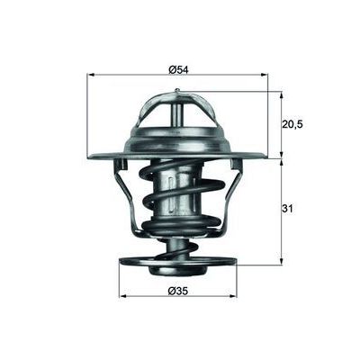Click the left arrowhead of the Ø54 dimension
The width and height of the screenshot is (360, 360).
tap(92, 76)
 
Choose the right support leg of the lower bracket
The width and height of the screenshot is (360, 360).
tap(236, 193)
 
